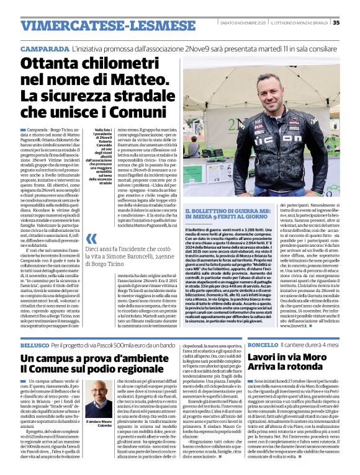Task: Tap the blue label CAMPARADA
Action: (x=45, y=48)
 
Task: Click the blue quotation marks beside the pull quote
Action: (x=91, y=239)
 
